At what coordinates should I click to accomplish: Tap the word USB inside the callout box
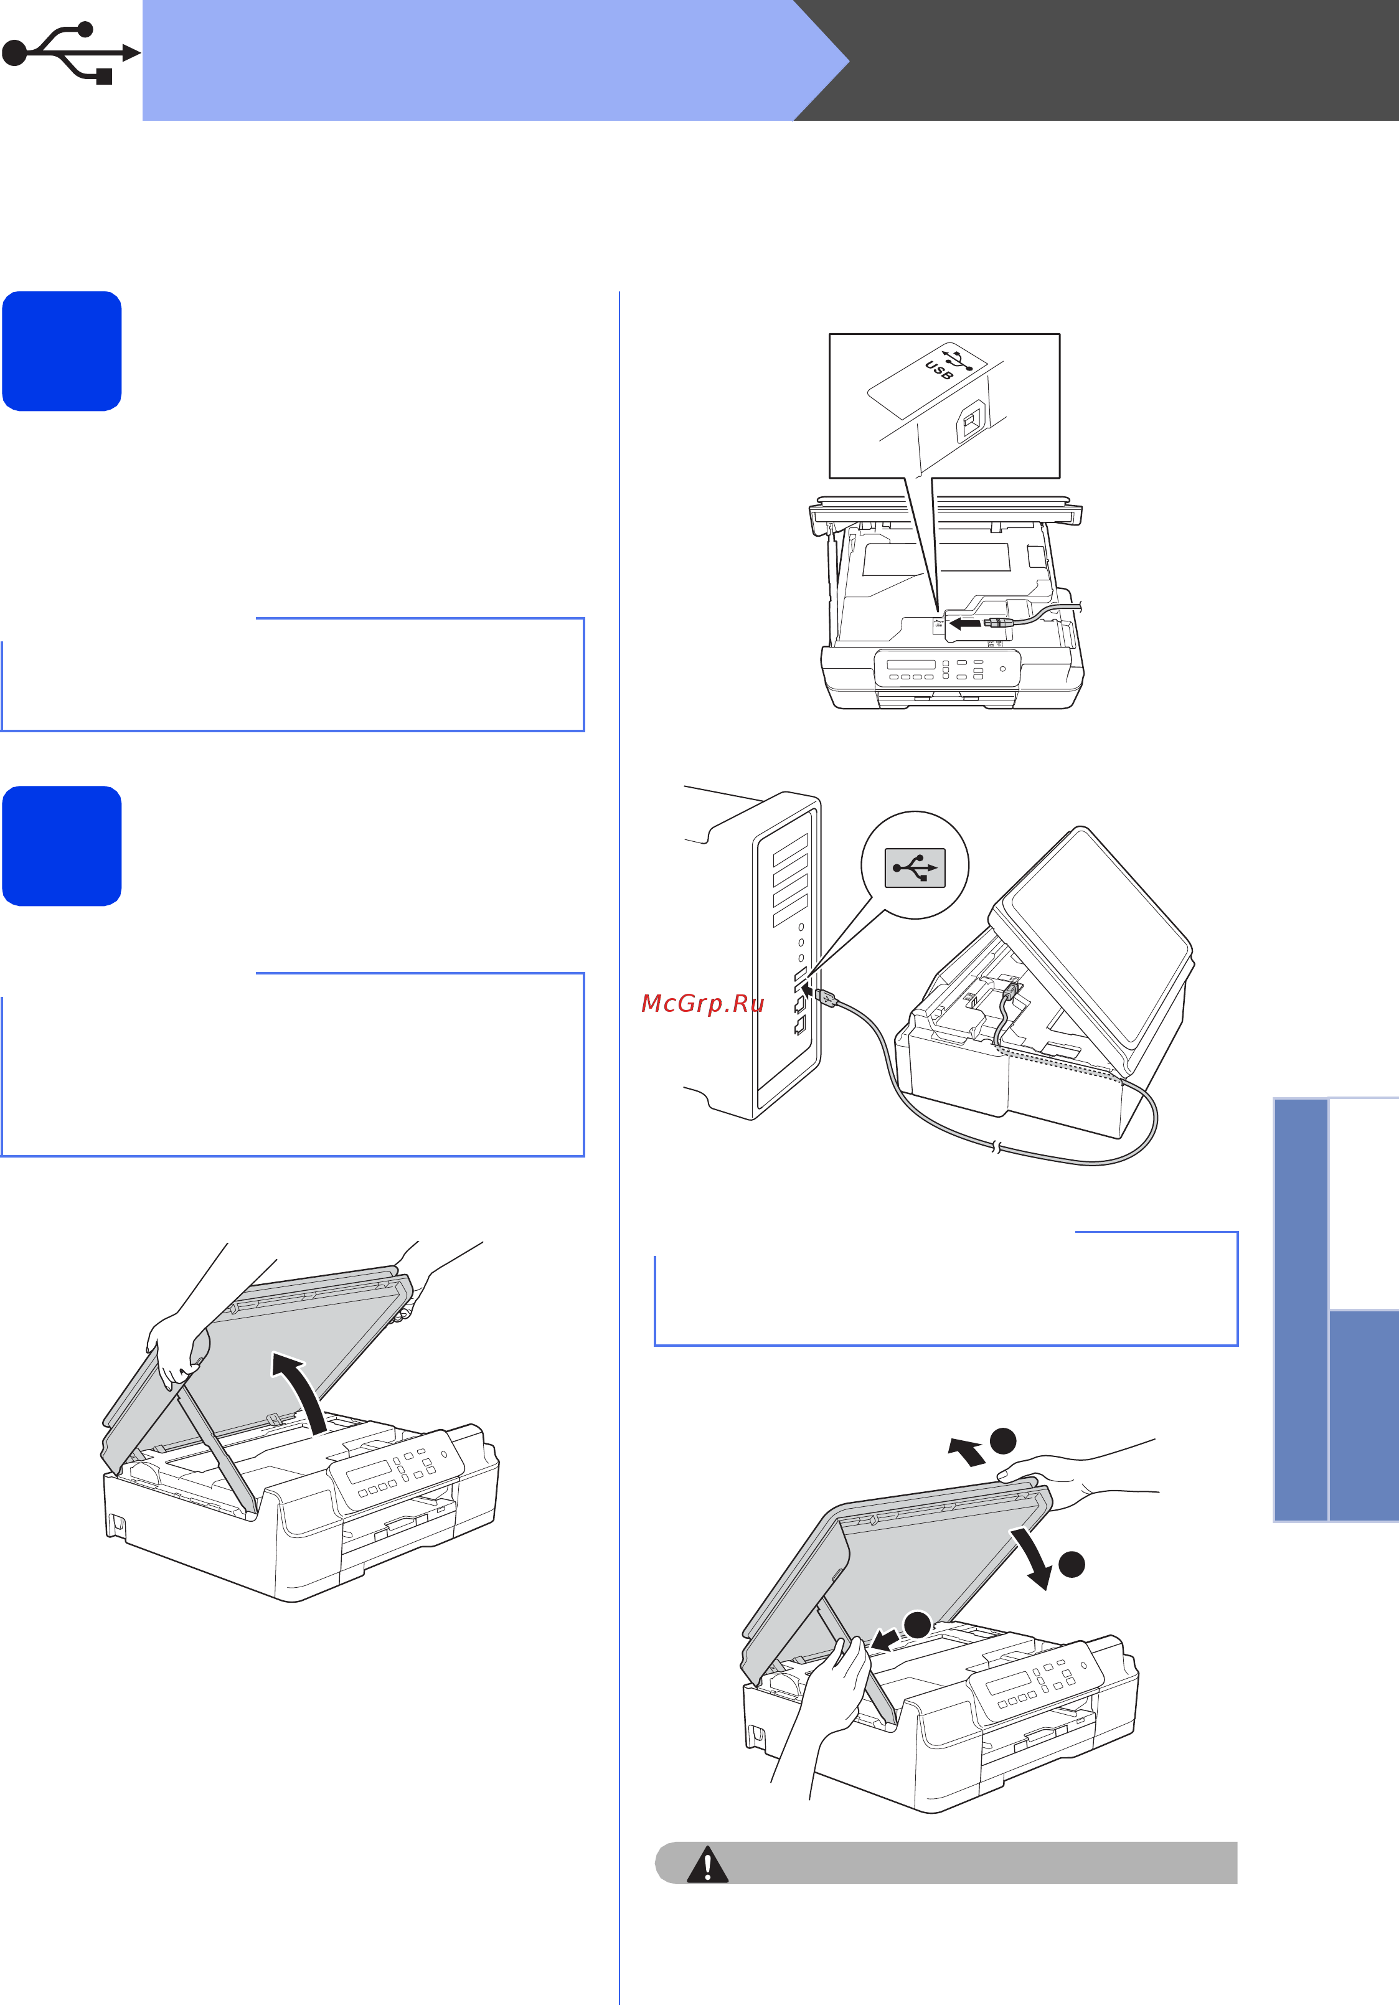939,370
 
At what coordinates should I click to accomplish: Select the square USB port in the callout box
970,423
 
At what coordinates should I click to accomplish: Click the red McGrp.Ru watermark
703,1003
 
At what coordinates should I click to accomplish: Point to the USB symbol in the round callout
915,868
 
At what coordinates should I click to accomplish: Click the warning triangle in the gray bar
707,1864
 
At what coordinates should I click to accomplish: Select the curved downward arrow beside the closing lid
1031,1558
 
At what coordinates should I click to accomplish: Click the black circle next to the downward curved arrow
1072,1564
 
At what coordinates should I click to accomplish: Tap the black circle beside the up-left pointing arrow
1004,1440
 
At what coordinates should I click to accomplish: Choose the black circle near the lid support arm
917,1625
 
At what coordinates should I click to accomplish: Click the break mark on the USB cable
996,1148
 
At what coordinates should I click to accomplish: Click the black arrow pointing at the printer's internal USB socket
965,623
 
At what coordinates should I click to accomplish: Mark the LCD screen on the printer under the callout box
911,664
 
